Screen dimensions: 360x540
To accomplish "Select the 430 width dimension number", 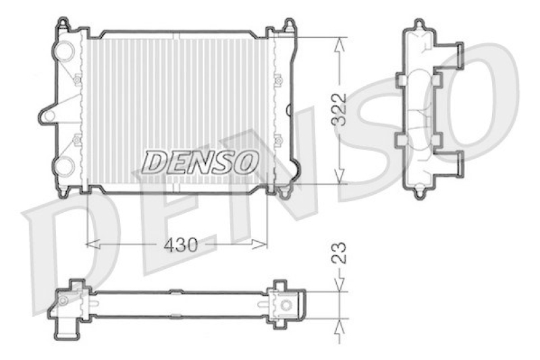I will pos(182,245).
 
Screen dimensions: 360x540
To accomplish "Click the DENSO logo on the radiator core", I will pos(200,161).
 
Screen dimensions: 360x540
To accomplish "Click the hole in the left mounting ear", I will pos(49,115).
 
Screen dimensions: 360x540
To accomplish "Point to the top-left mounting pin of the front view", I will pos(63,25).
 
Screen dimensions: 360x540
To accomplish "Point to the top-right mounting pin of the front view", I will pos(290,25).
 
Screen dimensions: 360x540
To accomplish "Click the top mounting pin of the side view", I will pos(420,25).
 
